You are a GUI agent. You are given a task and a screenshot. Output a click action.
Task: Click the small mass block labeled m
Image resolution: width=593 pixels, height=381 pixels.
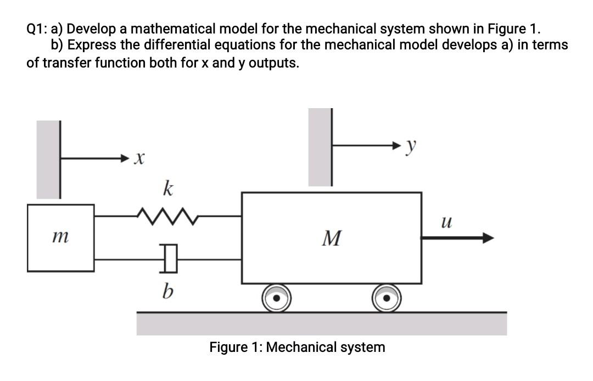pyautogui.click(x=60, y=238)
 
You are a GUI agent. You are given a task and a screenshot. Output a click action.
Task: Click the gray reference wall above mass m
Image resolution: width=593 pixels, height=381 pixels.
pyautogui.click(x=48, y=159)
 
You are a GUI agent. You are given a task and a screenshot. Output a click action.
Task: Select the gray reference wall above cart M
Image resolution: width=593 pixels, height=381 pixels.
pyautogui.click(x=320, y=147)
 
